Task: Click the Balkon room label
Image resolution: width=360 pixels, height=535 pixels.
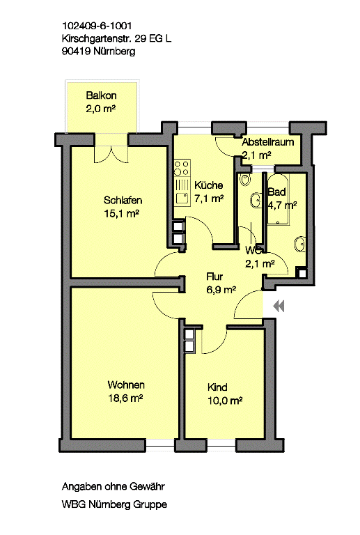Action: coord(101,95)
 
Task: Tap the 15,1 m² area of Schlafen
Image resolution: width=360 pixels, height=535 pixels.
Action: coord(121,214)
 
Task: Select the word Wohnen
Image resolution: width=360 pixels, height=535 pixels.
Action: coord(126,385)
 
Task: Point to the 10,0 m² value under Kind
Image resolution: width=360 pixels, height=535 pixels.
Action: coord(225,401)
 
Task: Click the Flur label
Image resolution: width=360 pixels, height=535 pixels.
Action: coord(214,277)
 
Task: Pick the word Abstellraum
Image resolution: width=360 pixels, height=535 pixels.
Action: coord(268,142)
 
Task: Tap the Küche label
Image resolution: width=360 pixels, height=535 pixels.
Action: coord(209,185)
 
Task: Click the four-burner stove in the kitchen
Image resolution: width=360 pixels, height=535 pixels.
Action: coord(182,168)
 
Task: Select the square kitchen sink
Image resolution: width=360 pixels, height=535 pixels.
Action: coord(182,199)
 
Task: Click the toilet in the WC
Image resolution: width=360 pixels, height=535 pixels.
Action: coord(245,180)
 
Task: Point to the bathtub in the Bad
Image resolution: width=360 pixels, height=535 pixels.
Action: coord(278,200)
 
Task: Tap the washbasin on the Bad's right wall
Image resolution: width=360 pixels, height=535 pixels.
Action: coord(300,244)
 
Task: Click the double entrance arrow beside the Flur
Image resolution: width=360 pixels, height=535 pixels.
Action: coord(279,306)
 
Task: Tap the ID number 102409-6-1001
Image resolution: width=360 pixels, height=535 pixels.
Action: coord(97,26)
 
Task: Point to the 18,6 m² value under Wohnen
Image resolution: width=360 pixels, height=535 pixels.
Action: coord(125,398)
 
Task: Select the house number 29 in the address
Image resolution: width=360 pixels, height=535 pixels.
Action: coord(141,38)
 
